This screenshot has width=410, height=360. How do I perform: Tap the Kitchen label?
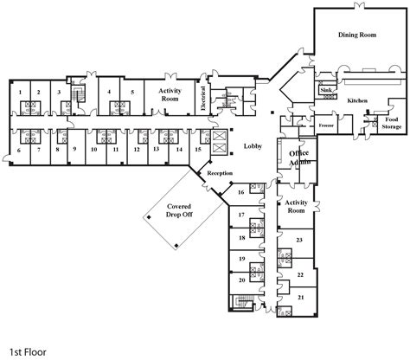pos(357,100)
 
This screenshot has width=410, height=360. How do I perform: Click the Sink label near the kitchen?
pos(326,89)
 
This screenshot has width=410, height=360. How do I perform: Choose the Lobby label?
pos(253,145)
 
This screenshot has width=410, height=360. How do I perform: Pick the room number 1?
pos(19,91)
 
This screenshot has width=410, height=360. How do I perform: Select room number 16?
pos(243,192)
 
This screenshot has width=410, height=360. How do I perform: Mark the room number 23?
pos(298,239)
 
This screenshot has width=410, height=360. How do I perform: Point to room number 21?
pos(299,297)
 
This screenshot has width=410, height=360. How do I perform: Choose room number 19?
pos(242,259)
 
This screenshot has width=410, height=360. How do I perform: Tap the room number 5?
pos(131,91)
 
